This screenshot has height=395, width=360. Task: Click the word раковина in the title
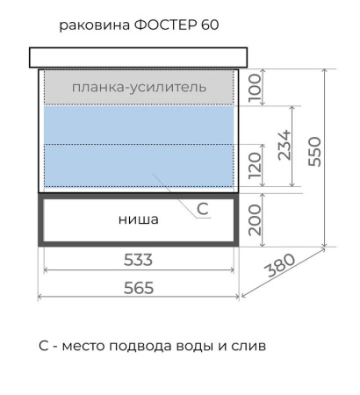point(94,25)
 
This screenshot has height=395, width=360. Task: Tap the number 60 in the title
point(210,25)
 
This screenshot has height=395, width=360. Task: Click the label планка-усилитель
point(139,87)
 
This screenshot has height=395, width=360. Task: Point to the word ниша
point(139,219)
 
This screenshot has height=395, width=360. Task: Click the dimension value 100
point(256,87)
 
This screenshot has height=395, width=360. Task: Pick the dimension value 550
point(316,151)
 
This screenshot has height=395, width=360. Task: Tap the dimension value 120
point(256,164)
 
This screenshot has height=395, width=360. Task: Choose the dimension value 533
point(139,260)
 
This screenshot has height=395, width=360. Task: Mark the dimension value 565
point(139,288)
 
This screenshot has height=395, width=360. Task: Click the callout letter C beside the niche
point(201,208)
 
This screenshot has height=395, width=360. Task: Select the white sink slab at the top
point(139,57)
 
